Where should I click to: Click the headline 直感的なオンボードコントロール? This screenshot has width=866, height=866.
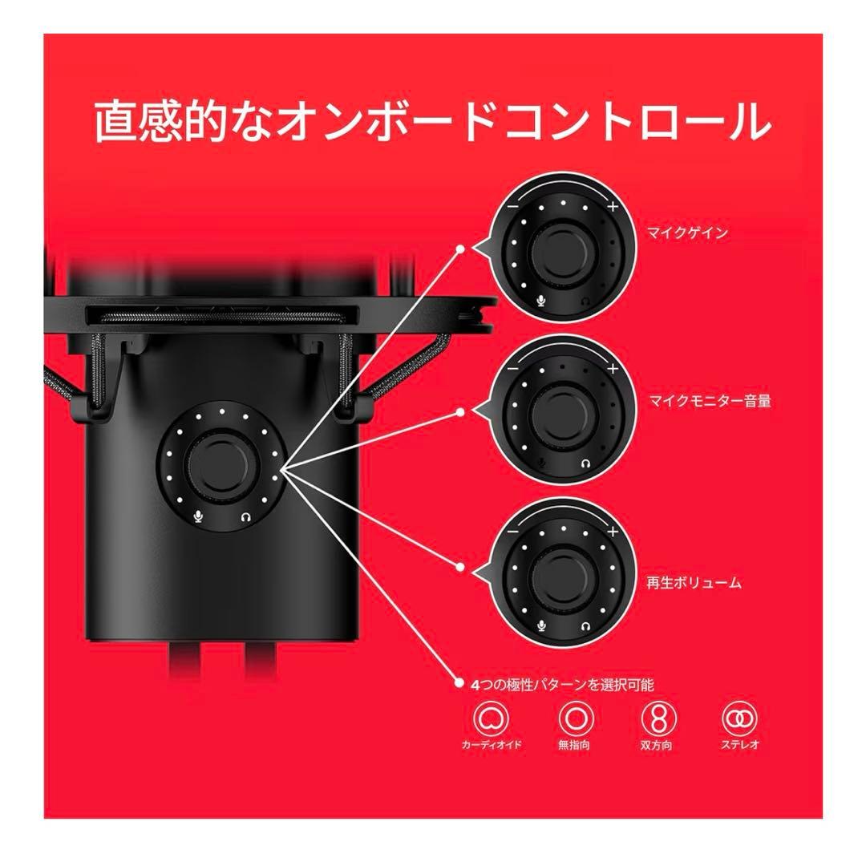click(x=433, y=123)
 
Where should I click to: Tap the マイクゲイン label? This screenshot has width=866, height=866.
click(x=687, y=233)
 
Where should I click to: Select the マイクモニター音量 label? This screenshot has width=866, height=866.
click(x=710, y=401)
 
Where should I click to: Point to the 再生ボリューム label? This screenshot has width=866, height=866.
click(x=695, y=583)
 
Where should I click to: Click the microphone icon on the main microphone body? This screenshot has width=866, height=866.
click(x=198, y=517)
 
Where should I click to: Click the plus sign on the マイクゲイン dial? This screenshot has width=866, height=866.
click(x=613, y=207)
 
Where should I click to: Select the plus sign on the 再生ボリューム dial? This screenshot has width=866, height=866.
click(x=613, y=532)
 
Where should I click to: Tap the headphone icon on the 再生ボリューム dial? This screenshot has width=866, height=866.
click(x=587, y=625)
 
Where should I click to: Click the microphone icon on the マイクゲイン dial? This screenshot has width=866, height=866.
click(x=540, y=301)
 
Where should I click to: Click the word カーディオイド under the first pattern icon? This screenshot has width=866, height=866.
click(x=491, y=745)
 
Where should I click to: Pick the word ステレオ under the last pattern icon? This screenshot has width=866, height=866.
click(x=739, y=745)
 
